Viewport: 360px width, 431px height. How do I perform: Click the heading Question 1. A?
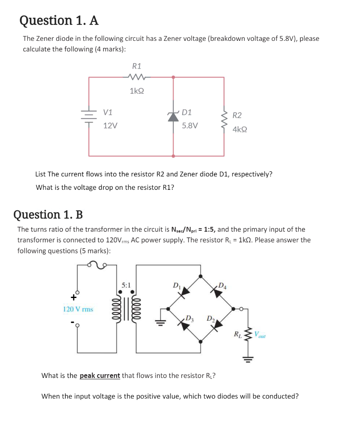(59, 20)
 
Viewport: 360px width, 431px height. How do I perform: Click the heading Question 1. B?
(48, 215)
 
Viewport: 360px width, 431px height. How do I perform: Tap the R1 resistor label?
(137, 66)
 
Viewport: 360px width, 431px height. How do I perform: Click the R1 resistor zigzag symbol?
(137, 77)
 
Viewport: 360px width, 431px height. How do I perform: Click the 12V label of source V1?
(110, 125)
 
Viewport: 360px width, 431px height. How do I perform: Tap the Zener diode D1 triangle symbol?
(173, 117)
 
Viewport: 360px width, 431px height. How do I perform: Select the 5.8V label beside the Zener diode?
(190, 125)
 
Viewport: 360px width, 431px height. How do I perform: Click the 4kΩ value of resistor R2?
(240, 130)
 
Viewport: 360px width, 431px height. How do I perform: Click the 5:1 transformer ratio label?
(126, 285)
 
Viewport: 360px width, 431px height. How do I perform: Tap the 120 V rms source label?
(78, 309)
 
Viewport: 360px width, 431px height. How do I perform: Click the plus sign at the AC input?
(73, 297)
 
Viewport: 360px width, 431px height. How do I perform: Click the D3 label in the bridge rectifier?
(189, 317)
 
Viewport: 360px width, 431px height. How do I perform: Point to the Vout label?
(259, 335)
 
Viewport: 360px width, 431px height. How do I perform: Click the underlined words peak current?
(100, 375)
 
